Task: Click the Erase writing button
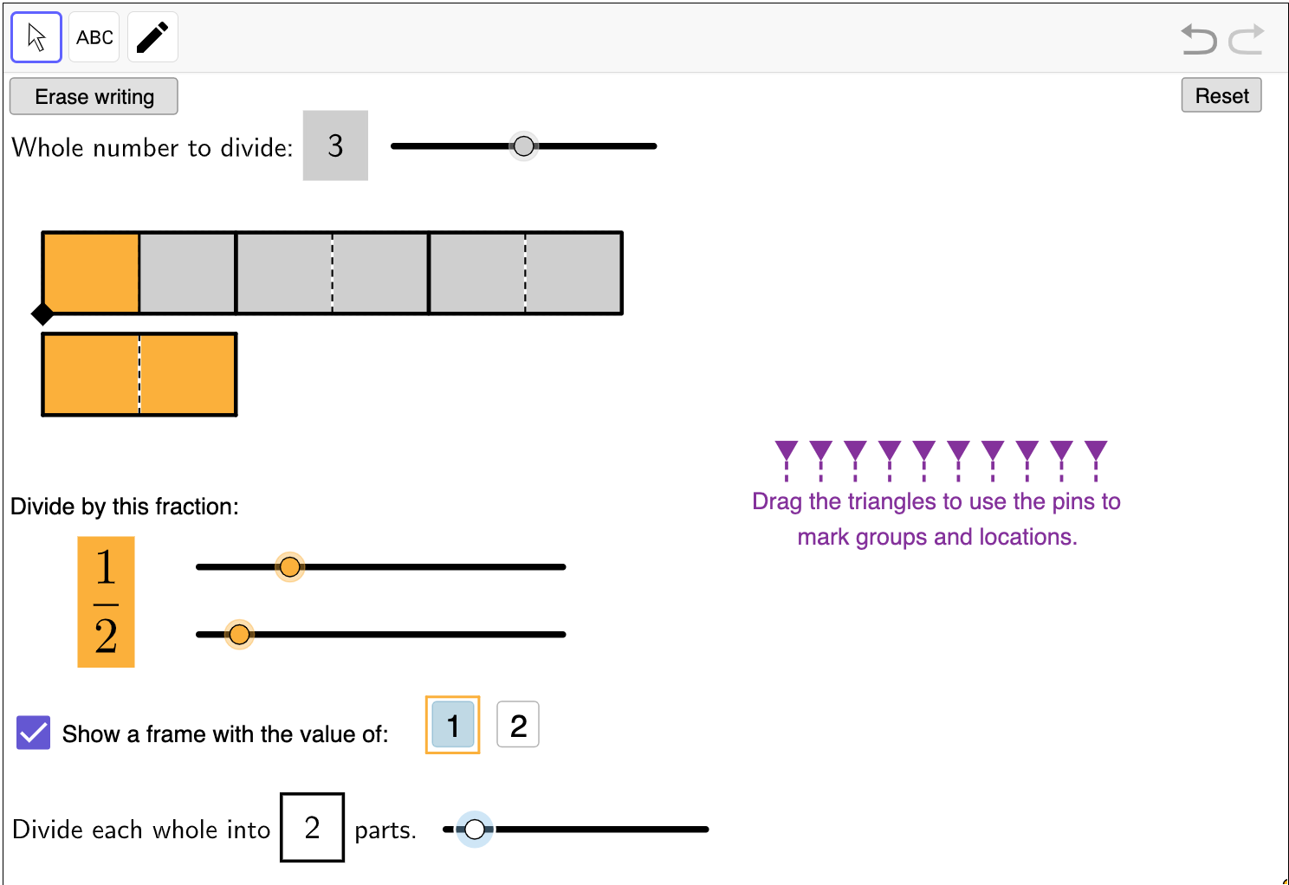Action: click(x=94, y=97)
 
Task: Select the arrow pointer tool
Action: click(x=36, y=37)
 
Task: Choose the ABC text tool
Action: click(x=94, y=37)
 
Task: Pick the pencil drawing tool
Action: click(x=152, y=37)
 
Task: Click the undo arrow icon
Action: click(x=1199, y=39)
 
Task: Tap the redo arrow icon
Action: click(x=1247, y=39)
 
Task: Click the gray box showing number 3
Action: click(x=335, y=145)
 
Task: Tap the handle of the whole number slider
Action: click(x=523, y=146)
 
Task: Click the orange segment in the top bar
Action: click(x=91, y=273)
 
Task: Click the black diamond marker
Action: click(x=42, y=314)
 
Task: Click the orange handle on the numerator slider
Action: click(x=289, y=567)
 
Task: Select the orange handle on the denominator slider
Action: click(x=239, y=635)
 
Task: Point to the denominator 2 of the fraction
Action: click(x=106, y=636)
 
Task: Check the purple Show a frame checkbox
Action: click(x=34, y=733)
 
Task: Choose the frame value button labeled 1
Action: click(x=453, y=725)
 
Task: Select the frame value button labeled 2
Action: click(x=518, y=725)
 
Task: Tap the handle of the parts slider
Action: click(x=475, y=830)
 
